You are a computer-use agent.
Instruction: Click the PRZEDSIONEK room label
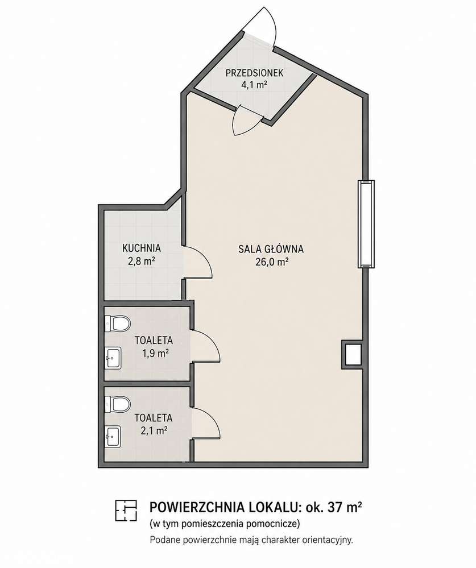pyautogui.click(x=254, y=73)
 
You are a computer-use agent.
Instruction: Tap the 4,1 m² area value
pyautogui.click(x=254, y=85)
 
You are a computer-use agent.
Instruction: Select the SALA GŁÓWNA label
pyautogui.click(x=271, y=249)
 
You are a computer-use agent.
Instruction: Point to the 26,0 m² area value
pyautogui.click(x=272, y=262)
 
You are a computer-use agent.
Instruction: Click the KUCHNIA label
pyautogui.click(x=142, y=248)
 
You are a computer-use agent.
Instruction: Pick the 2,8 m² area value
pyautogui.click(x=141, y=261)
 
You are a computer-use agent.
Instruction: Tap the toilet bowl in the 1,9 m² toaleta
pyautogui.click(x=117, y=323)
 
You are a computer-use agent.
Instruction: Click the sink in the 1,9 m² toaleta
pyautogui.click(x=113, y=358)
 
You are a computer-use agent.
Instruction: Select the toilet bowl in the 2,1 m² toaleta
pyautogui.click(x=117, y=404)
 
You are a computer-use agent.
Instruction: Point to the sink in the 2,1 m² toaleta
pyautogui.click(x=113, y=437)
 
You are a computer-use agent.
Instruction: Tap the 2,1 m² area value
pyautogui.click(x=154, y=430)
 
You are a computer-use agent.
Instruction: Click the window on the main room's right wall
pyautogui.click(x=366, y=224)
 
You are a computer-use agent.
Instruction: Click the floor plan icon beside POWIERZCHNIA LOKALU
pyautogui.click(x=126, y=511)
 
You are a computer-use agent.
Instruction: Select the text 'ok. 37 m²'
pyautogui.click(x=334, y=507)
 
